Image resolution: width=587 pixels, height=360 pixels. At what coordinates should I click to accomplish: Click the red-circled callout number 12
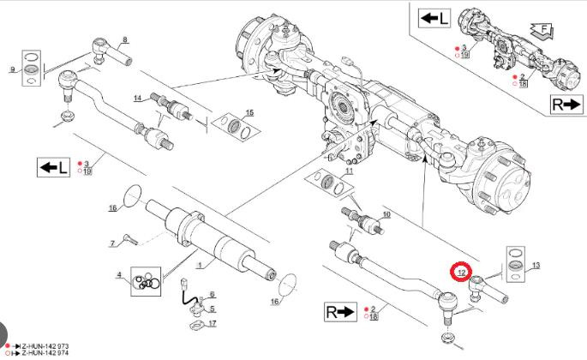tap(461, 272)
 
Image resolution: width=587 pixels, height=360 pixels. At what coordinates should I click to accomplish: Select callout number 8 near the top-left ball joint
tap(125, 39)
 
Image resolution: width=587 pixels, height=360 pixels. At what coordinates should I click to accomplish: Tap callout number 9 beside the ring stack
tap(13, 68)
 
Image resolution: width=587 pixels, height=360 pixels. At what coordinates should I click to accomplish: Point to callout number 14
tap(137, 99)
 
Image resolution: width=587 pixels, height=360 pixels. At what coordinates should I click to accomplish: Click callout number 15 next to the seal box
tap(249, 113)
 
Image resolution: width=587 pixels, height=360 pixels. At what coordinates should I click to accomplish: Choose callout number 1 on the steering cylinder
tap(200, 266)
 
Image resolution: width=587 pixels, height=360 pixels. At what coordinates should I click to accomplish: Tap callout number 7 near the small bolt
tap(111, 243)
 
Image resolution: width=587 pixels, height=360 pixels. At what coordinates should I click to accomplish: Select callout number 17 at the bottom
tap(213, 323)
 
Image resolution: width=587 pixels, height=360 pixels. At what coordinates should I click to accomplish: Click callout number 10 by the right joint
tap(386, 213)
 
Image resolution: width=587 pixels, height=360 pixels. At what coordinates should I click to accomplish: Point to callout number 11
tap(349, 172)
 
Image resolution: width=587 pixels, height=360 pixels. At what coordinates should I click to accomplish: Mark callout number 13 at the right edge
tap(536, 267)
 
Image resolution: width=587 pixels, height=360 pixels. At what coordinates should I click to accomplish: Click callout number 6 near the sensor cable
tap(212, 295)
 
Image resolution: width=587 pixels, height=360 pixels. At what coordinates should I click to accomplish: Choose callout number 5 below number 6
tap(213, 309)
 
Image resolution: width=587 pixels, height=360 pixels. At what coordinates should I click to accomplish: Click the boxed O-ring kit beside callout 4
tap(147, 280)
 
